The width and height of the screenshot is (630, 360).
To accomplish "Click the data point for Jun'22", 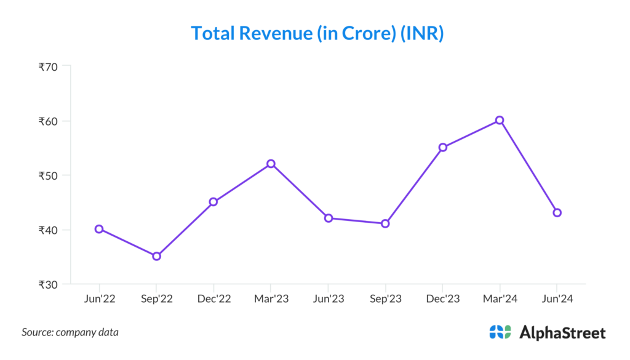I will pyautogui.click(x=99, y=229).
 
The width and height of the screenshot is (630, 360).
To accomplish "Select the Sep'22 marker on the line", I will pyautogui.click(x=156, y=256).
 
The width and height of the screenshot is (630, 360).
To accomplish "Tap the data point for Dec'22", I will pyautogui.click(x=213, y=202).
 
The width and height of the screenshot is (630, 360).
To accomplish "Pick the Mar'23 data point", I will pyautogui.click(x=271, y=164).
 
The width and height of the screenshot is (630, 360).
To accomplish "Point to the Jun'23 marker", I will pyautogui.click(x=328, y=218).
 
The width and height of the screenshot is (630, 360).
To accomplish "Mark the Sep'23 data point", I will pyautogui.click(x=385, y=223).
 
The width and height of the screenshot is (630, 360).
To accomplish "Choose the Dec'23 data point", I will pyautogui.click(x=442, y=148).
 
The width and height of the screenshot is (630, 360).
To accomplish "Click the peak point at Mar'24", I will pyautogui.click(x=500, y=120).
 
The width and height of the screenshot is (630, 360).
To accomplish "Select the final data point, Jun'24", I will pyautogui.click(x=557, y=213).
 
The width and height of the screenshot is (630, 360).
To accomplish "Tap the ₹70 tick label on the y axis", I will pyautogui.click(x=48, y=66).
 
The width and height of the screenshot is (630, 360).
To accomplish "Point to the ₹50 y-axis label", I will pyautogui.click(x=48, y=175).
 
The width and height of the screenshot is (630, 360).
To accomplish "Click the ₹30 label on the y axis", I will pyautogui.click(x=48, y=284).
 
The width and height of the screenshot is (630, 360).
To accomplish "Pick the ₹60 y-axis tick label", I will pyautogui.click(x=48, y=121).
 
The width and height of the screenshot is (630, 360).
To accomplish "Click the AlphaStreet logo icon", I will pyautogui.click(x=500, y=332).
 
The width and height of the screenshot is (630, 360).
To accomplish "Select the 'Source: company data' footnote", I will pyautogui.click(x=70, y=332).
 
